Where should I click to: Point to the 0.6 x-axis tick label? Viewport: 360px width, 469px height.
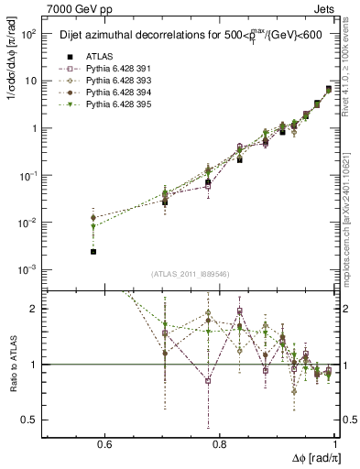click(x=104, y=445)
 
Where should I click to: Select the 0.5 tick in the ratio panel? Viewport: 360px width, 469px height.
click(x=33, y=420)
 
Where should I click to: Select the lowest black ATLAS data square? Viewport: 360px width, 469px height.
click(x=93, y=251)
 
